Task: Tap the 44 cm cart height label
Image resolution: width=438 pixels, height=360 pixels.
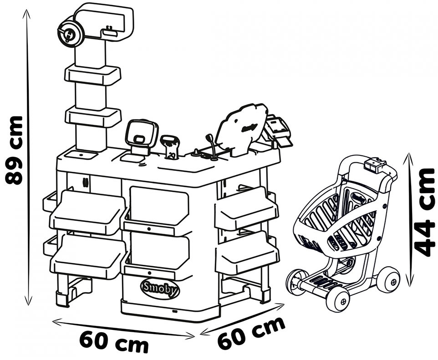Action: click(425, 212)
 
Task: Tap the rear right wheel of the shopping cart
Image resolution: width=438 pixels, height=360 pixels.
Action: click(388, 279)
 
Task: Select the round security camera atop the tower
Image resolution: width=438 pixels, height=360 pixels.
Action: click(70, 32)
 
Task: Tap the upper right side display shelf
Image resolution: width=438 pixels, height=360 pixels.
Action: click(246, 208)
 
